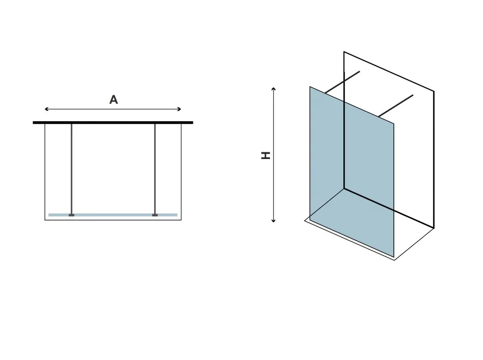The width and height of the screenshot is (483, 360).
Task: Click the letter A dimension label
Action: tap(114, 100)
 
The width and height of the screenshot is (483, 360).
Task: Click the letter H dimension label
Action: tap(266, 155)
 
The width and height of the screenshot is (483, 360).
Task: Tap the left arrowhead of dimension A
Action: tap(47, 109)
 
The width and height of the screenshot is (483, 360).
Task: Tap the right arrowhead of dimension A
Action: tap(179, 109)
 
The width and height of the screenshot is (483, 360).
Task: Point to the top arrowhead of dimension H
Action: tap(273, 89)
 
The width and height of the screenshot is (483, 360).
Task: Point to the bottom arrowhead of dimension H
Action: tap(273, 220)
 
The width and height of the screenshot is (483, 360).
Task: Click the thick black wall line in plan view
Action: tap(113, 123)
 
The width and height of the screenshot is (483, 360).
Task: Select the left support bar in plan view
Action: tap(72, 169)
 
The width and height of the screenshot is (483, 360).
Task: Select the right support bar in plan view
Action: tap(155, 169)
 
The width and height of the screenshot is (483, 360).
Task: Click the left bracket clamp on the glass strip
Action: tap(72, 215)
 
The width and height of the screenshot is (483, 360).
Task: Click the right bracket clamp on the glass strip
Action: tap(155, 215)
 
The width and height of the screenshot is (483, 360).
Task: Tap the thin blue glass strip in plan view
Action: tap(113, 215)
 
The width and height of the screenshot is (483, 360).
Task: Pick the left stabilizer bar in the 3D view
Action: tap(342, 82)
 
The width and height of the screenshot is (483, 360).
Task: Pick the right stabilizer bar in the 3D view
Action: tap(396, 106)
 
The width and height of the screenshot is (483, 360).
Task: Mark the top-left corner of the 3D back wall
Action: tap(344, 52)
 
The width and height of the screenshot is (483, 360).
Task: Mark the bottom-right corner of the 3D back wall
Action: tap(434, 228)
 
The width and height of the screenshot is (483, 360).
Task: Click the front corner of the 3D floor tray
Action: tap(395, 260)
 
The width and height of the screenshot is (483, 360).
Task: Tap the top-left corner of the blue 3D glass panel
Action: tap(310, 87)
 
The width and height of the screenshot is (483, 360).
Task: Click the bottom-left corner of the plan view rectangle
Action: tap(45, 220)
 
